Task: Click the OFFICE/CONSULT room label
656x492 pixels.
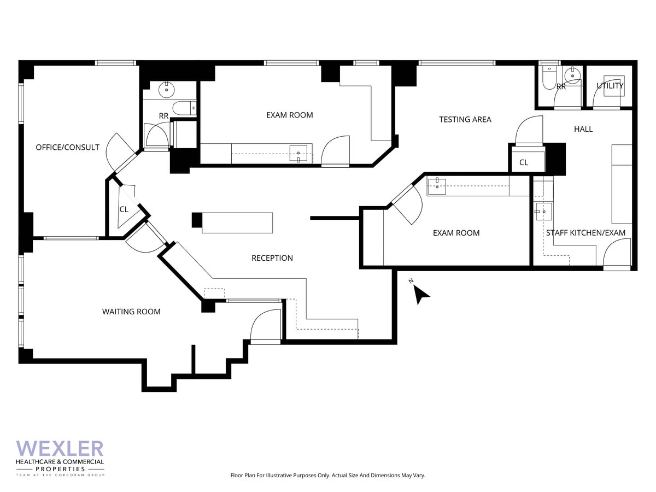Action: pos(67,147)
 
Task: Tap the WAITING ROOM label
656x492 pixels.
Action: pos(131,312)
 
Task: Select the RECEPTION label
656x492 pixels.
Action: pos(272,258)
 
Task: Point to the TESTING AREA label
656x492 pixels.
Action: pos(465,119)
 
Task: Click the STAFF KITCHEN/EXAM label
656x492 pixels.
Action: pos(585,233)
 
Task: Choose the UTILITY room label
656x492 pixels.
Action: pos(610,86)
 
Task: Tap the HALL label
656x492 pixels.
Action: pos(583,129)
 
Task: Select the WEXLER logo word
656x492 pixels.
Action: pos(60,449)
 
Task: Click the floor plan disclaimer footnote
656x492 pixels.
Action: pos(327,476)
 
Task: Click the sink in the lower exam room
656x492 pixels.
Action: pos(437,186)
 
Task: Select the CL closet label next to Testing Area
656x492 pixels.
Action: pos(524,162)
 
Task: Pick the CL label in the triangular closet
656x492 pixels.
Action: pos(124,209)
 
